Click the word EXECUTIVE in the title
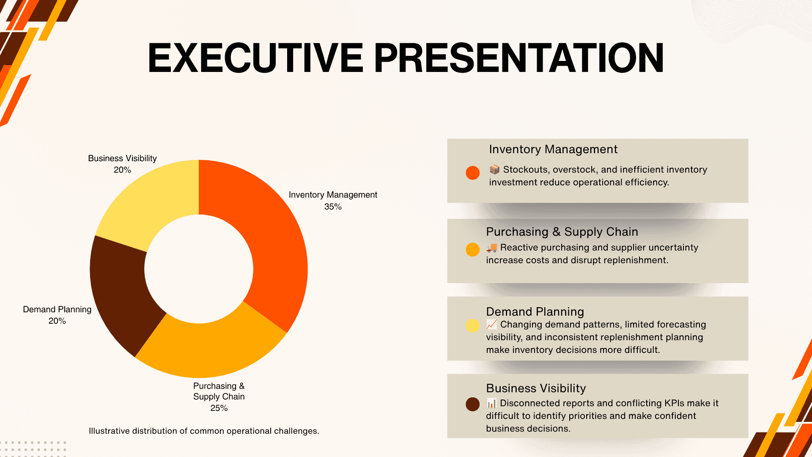(255, 58)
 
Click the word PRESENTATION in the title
(519, 58)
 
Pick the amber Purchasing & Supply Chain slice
(211, 345)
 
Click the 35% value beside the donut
(333, 207)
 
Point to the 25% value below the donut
(219, 408)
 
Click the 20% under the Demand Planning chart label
(57, 321)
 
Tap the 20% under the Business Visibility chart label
(122, 170)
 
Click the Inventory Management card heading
(553, 149)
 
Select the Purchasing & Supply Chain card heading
(562, 232)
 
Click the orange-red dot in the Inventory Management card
(472, 173)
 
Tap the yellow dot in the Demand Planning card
(472, 325)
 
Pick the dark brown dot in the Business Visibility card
(472, 404)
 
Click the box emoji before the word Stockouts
(494, 170)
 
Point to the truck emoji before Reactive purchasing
(491, 248)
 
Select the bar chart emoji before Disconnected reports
(491, 403)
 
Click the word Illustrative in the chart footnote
(109, 431)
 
